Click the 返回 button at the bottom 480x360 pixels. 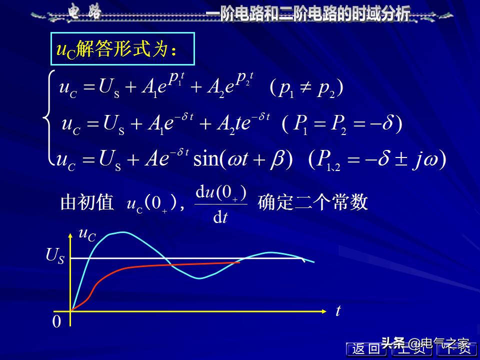coord(366,349)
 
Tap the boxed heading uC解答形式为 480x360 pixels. coord(122,49)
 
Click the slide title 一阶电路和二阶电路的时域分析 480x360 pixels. coord(308,13)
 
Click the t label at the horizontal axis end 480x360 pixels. coord(338,310)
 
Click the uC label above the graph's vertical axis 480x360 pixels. coord(87,234)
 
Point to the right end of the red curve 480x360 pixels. coord(239,262)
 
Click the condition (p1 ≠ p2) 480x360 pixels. coord(306,88)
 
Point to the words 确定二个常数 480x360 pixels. coord(313,202)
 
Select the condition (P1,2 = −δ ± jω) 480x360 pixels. coord(377,159)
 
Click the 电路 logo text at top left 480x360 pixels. coord(84,12)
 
